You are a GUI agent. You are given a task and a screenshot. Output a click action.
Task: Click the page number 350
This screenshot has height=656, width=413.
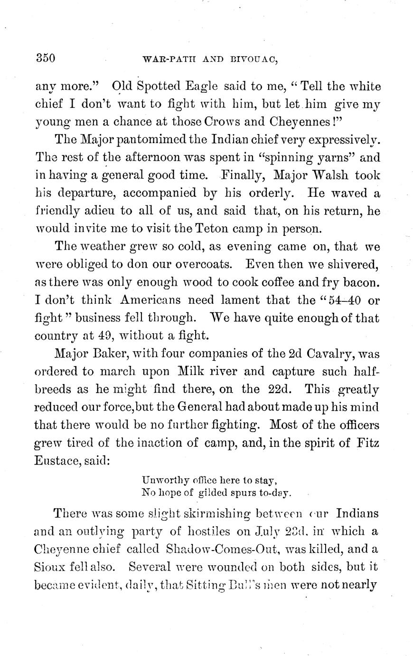click(46, 58)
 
